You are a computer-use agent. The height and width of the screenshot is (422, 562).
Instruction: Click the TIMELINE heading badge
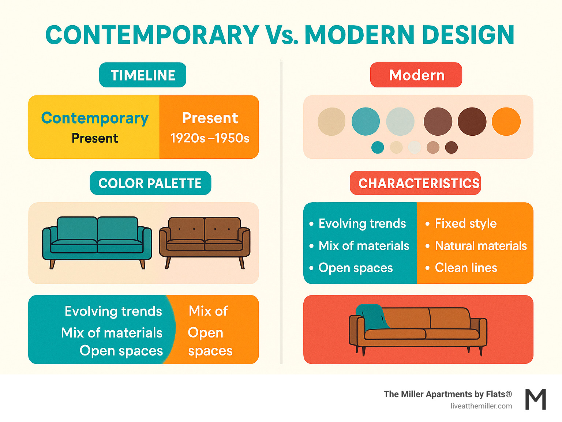143,75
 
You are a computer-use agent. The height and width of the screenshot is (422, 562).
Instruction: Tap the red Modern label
416,75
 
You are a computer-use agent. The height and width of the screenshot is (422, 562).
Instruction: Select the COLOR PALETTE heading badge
150,183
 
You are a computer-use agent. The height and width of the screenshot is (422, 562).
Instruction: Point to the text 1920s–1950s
210,138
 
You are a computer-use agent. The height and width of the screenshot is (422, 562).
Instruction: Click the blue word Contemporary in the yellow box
95,118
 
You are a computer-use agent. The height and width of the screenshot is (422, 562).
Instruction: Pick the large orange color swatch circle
506,121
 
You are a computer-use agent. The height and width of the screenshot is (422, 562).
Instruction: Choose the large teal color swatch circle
366,121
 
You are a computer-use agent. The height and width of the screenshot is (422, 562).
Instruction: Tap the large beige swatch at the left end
331,121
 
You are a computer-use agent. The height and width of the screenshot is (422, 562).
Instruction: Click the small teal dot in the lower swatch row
378,147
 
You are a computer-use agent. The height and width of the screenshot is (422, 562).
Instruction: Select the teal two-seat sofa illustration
97,241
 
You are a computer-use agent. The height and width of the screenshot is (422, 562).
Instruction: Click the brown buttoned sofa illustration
205,241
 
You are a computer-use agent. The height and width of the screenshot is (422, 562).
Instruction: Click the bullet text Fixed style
465,223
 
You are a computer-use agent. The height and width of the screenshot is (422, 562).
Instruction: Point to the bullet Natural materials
481,246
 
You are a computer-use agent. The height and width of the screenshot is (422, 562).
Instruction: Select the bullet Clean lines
466,268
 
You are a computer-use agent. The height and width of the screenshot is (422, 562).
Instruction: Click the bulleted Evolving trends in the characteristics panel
362,223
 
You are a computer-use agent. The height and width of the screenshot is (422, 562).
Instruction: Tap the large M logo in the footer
536,399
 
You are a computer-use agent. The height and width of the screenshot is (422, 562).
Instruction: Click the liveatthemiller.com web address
481,406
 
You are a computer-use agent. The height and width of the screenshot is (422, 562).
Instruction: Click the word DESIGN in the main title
468,35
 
